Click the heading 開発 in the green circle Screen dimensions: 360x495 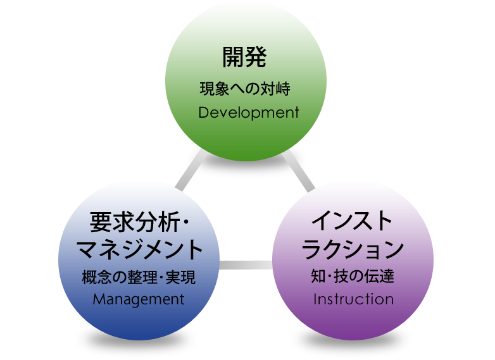point(244,58)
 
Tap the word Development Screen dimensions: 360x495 point(248,113)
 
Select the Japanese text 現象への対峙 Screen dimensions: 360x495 point(244,89)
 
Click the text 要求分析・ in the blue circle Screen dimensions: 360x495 point(140,221)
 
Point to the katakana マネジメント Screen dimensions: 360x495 point(140,249)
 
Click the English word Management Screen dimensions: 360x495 point(139,299)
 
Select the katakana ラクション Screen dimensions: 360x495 point(353,249)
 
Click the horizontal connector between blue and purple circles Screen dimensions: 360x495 point(246,266)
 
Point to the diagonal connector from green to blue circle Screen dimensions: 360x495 point(190,170)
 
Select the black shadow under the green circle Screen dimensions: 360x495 point(246,166)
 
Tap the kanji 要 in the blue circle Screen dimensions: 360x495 point(100,221)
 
